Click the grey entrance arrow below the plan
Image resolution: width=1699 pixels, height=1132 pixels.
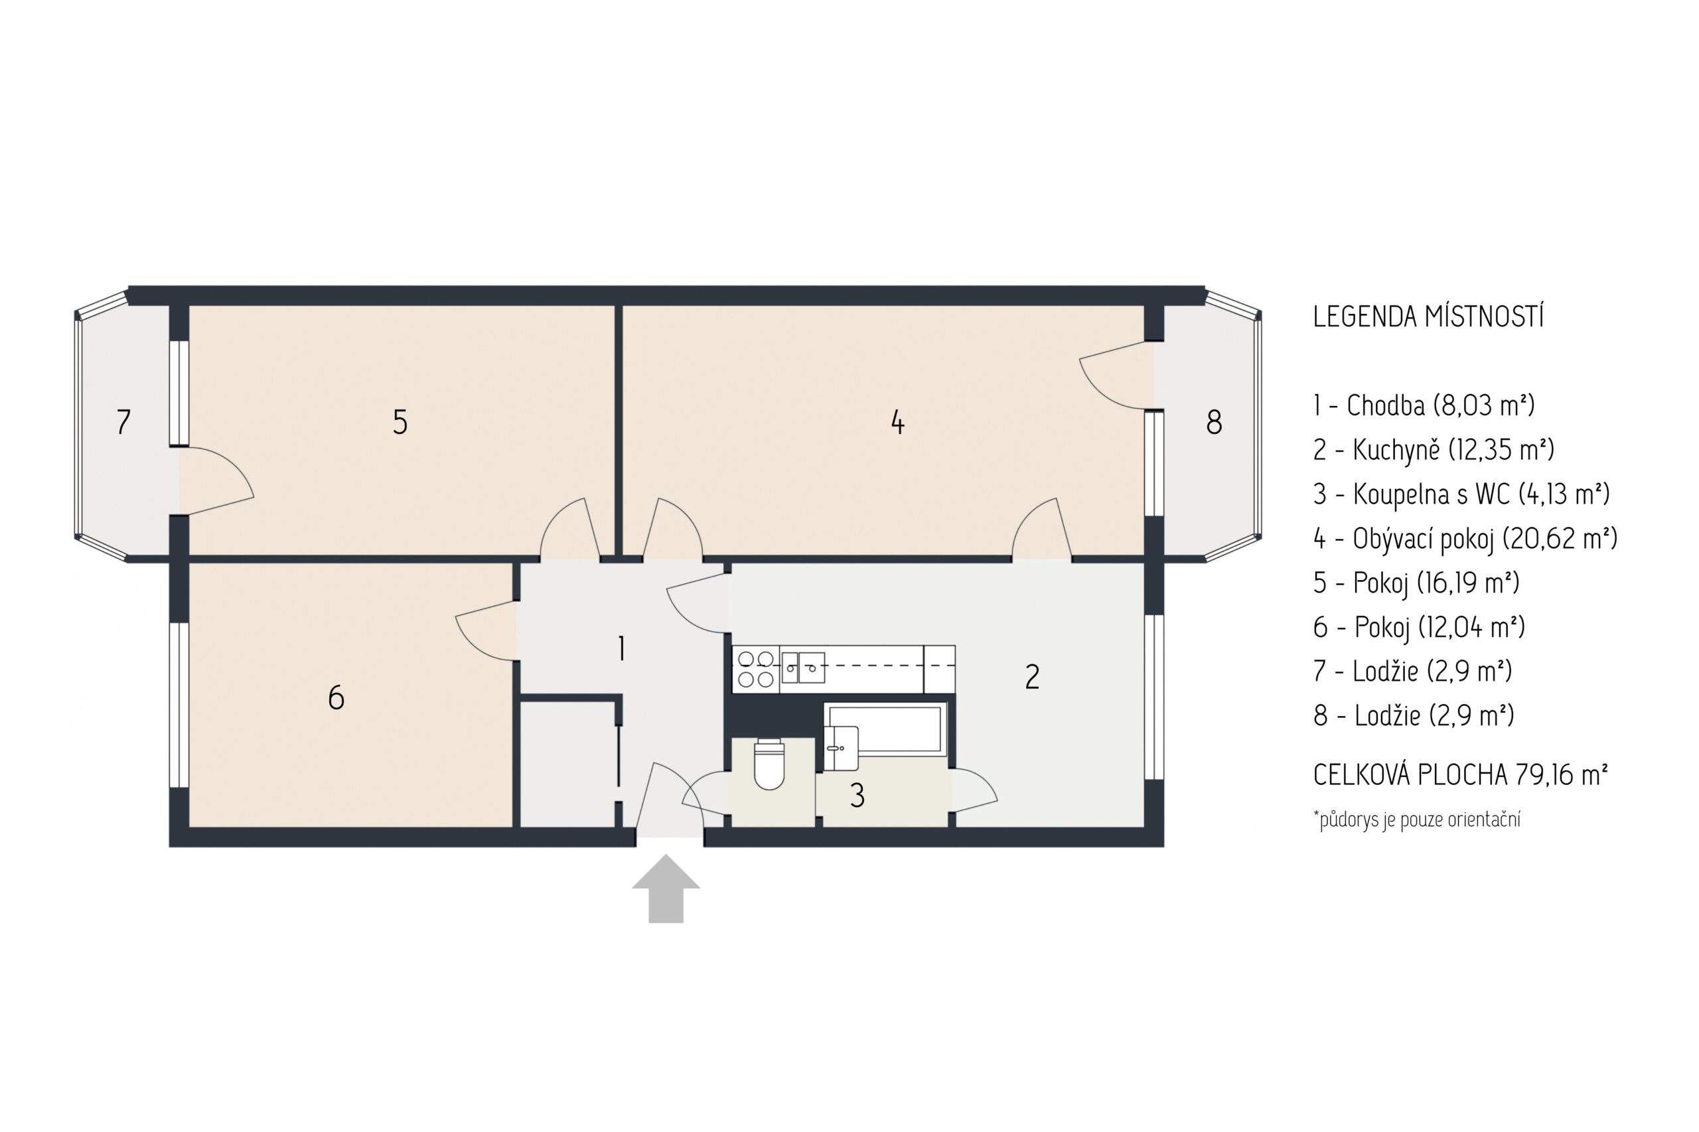click(665, 889)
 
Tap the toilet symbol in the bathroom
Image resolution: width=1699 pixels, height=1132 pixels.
click(769, 764)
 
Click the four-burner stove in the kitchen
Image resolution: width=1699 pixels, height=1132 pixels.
click(755, 668)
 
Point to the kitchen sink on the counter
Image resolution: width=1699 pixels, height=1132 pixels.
click(803, 667)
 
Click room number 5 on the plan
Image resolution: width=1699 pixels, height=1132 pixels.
click(400, 421)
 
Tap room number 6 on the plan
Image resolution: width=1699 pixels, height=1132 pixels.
click(336, 697)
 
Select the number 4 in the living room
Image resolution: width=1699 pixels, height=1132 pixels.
click(897, 421)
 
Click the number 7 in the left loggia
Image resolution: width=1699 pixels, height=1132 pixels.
click(123, 421)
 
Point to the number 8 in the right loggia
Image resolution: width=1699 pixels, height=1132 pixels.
click(1214, 421)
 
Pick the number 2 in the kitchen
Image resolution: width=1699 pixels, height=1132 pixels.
click(1033, 676)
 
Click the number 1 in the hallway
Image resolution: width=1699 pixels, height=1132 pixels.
click(621, 648)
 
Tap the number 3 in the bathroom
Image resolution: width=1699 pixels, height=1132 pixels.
click(857, 795)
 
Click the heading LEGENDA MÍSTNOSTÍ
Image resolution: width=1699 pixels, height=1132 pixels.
click(1428, 317)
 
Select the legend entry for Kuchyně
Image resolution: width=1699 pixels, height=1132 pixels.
click(1434, 450)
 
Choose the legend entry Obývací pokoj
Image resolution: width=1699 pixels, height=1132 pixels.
click(1465, 539)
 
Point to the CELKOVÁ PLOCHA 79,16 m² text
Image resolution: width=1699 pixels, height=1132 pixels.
click(1460, 774)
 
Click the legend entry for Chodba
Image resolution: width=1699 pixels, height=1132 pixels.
click(1424, 405)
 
